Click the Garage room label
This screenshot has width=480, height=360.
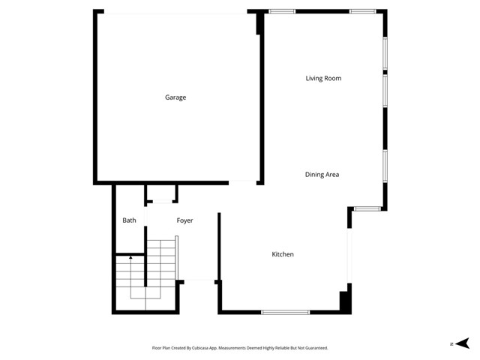coord(175,97)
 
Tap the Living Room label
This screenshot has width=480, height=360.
coord(324,78)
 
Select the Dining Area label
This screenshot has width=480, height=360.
coord(322,175)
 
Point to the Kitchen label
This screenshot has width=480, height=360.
coord(282,255)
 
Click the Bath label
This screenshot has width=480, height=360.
coord(129,220)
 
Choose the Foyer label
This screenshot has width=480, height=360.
coord(184,220)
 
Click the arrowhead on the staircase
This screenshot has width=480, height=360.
coord(130,257)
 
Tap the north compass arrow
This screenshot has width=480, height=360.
coord(464,343)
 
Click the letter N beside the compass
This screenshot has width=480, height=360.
coord(452,343)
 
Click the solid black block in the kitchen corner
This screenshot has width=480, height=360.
coord(345,301)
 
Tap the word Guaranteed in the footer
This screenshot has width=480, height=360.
coord(314,348)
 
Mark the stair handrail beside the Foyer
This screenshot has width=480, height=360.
coord(177,258)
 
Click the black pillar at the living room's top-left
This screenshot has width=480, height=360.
coord(259,22)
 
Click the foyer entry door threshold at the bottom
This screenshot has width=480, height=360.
coord(198,281)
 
